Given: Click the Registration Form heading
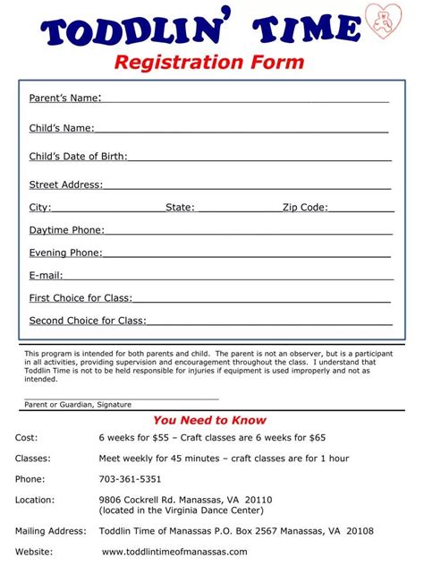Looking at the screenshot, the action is pyautogui.click(x=208, y=63).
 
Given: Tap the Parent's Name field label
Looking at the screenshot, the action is pyautogui.click(x=64, y=97).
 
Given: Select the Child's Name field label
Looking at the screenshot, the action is pyautogui.click(x=61, y=128).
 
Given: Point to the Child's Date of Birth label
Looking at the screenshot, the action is pyautogui.click(x=78, y=157).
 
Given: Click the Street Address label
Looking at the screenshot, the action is pyautogui.click(x=66, y=184).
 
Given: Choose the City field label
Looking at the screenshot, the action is pyautogui.click(x=40, y=207).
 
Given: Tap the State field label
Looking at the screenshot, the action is pyautogui.click(x=180, y=207).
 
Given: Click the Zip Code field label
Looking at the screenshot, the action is pyautogui.click(x=305, y=207).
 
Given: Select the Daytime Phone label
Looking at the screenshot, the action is pyautogui.click(x=66, y=230).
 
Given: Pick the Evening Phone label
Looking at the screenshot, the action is pyautogui.click(x=65, y=253).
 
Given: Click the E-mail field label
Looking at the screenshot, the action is pyautogui.click(x=46, y=275).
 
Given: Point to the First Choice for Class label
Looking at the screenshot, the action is pyautogui.click(x=81, y=297).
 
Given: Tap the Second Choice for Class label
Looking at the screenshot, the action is pyautogui.click(x=88, y=320).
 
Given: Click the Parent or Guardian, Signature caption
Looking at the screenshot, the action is pyautogui.click(x=78, y=404).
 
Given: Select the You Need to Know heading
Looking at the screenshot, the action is pyautogui.click(x=209, y=420).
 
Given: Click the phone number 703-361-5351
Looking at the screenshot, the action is pyautogui.click(x=130, y=478).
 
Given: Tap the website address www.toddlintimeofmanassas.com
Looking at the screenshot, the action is pyautogui.click(x=174, y=552).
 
